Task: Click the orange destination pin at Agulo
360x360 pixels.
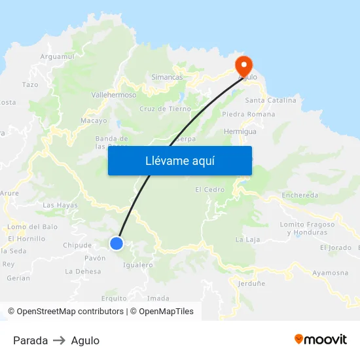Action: pyautogui.click(x=243, y=63)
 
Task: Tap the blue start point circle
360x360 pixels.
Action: pyautogui.click(x=117, y=243)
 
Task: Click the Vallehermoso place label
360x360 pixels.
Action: pyautogui.click(x=114, y=95)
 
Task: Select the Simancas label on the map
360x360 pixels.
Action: pyautogui.click(x=167, y=77)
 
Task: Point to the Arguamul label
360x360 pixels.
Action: pyautogui.click(x=58, y=57)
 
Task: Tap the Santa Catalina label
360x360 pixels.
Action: pyautogui.click(x=270, y=100)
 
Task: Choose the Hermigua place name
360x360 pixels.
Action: pyautogui.click(x=240, y=132)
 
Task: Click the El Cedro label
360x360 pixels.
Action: pyautogui.click(x=209, y=190)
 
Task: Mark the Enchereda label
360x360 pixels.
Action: pyautogui.click(x=300, y=195)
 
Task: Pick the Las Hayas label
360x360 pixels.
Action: pyautogui.click(x=60, y=205)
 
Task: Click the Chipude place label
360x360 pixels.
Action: pyautogui.click(x=77, y=245)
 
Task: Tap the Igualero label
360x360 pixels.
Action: pyautogui.click(x=138, y=265)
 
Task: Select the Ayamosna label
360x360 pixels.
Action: pyautogui.click(x=330, y=272)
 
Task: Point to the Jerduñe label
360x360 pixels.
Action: pyautogui.click(x=252, y=283)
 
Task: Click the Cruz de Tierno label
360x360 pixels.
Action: pyautogui.click(x=165, y=109)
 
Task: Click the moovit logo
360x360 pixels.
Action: pyautogui.click(x=320, y=340)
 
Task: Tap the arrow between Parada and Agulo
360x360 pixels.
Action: pyautogui.click(x=60, y=340)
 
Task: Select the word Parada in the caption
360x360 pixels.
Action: pyautogui.click(x=30, y=340)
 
